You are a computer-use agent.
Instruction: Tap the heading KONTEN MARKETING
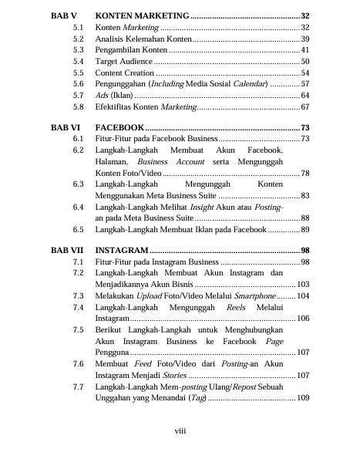141,16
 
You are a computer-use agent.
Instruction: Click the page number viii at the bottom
180,433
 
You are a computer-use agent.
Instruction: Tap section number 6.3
78,185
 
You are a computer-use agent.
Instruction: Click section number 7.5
78,330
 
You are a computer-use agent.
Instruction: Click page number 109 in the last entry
303,398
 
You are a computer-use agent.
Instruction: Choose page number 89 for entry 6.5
305,230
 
